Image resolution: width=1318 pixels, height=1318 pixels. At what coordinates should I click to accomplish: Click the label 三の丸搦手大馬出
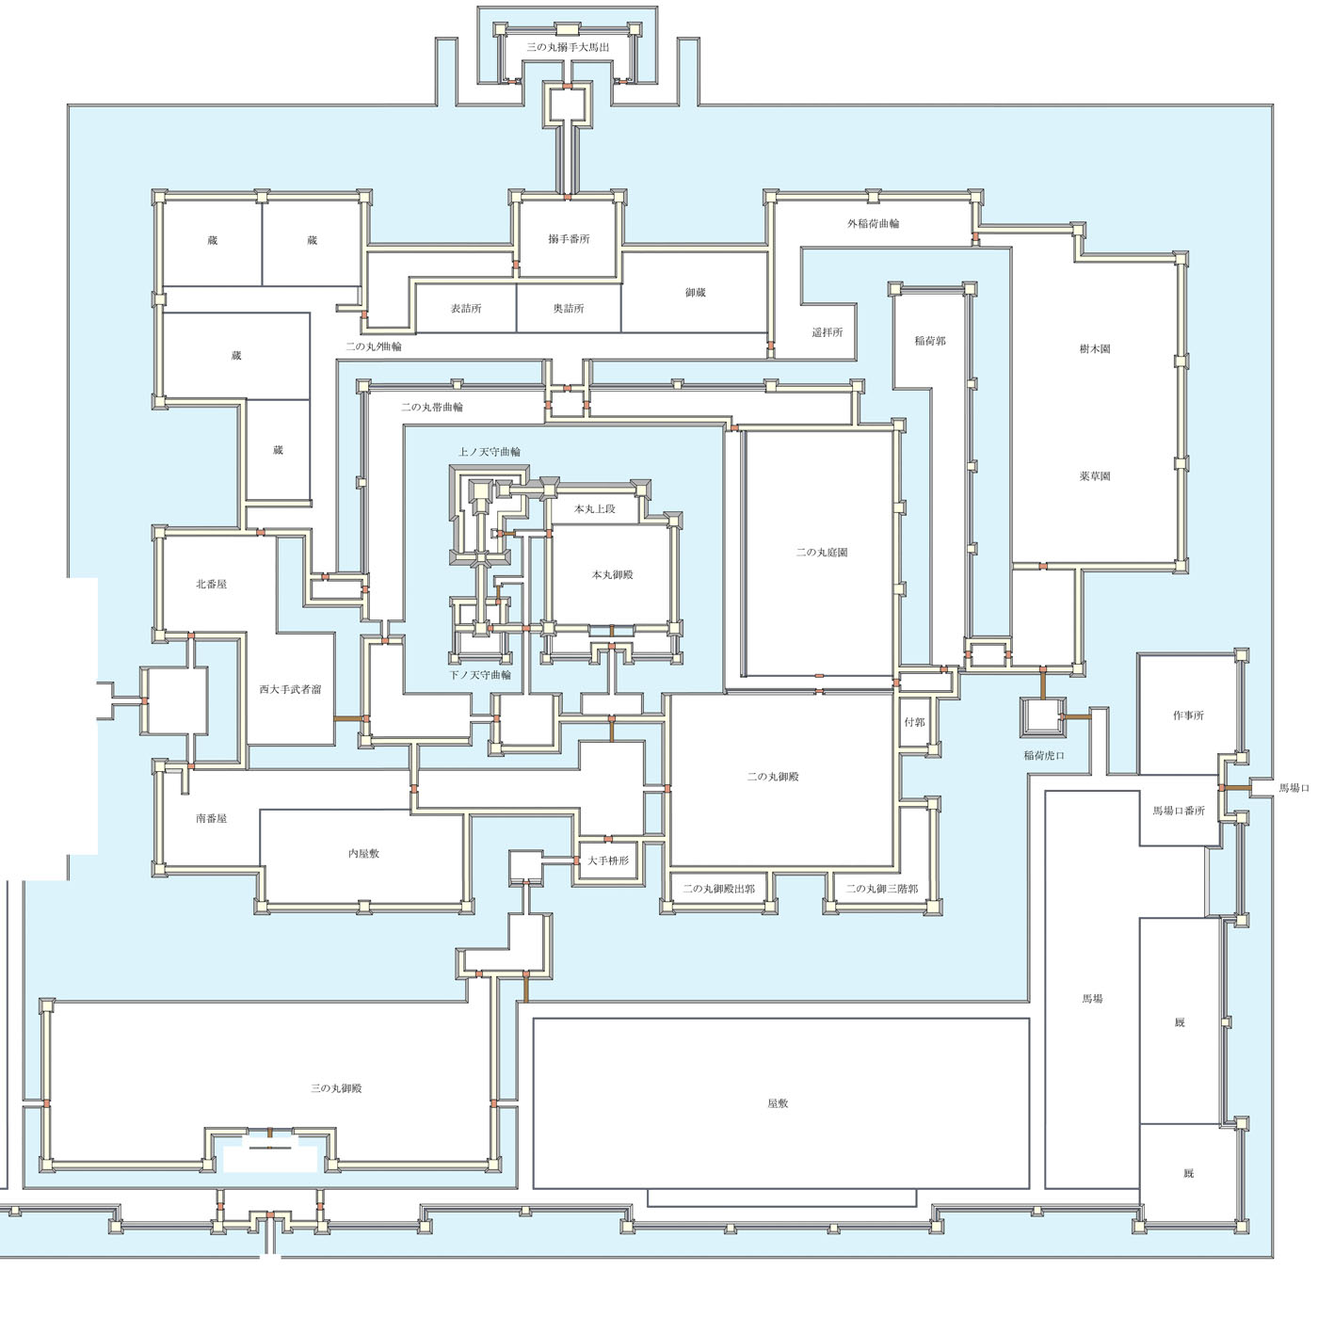[567, 48]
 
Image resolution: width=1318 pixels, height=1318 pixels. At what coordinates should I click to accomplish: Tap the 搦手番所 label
[569, 239]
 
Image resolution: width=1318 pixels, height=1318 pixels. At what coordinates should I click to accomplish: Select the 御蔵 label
[695, 293]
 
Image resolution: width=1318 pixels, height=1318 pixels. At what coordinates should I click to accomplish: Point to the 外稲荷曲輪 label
[873, 224]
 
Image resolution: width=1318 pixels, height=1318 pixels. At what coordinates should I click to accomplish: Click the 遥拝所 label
[827, 332]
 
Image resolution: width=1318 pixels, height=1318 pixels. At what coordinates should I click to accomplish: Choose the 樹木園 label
[1094, 349]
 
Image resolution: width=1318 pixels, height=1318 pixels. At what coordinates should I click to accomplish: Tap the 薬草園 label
[1094, 476]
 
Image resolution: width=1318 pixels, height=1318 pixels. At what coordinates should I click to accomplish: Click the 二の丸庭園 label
[822, 552]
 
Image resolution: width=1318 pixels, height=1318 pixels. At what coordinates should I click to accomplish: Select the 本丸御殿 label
[612, 575]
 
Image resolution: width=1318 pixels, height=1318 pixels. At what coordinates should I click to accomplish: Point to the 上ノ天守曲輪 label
[489, 452]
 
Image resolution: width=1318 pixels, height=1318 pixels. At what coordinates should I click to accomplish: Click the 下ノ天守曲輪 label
[480, 675]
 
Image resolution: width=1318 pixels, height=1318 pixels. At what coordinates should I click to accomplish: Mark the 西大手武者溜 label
[290, 689]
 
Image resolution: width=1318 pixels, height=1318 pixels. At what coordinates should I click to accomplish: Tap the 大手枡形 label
[608, 860]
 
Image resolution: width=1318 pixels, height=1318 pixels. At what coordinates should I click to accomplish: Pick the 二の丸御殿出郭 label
[718, 889]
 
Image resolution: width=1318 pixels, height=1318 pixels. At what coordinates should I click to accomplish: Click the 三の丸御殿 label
[336, 1088]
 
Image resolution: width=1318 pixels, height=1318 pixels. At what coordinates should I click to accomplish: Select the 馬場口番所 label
[1179, 812]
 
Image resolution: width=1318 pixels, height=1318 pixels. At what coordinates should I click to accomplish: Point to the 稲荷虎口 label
[1044, 756]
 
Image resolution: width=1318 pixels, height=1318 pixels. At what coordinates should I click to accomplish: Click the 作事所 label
[1188, 716]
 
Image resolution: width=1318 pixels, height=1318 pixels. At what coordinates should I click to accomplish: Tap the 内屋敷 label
[363, 854]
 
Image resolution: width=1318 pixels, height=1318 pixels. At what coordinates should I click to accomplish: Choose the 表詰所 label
[466, 309]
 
